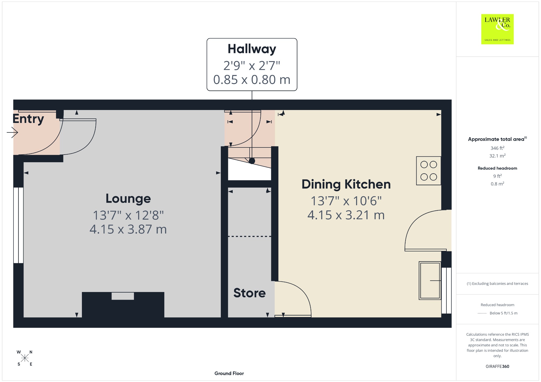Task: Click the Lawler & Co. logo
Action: click(x=497, y=29)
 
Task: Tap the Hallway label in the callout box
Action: click(x=252, y=49)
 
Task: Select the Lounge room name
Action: click(x=128, y=199)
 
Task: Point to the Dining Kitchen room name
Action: click(x=346, y=184)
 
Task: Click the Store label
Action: click(x=249, y=293)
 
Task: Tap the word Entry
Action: click(x=28, y=119)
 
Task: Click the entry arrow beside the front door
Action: click(x=12, y=132)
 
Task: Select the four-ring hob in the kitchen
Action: click(x=428, y=171)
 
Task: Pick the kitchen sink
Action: click(x=430, y=280)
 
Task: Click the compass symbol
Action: click(x=25, y=358)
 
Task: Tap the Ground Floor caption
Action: click(x=229, y=373)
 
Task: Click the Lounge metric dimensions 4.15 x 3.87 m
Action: click(x=128, y=229)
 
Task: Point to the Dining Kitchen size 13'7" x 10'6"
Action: click(x=346, y=201)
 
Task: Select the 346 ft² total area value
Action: click(x=497, y=148)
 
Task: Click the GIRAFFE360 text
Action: click(x=497, y=366)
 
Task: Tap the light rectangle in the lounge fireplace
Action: click(x=123, y=296)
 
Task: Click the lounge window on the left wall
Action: click(x=18, y=225)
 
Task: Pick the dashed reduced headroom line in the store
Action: click(x=250, y=236)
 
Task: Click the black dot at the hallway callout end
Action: click(x=252, y=161)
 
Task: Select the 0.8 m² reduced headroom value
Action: click(x=497, y=184)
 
